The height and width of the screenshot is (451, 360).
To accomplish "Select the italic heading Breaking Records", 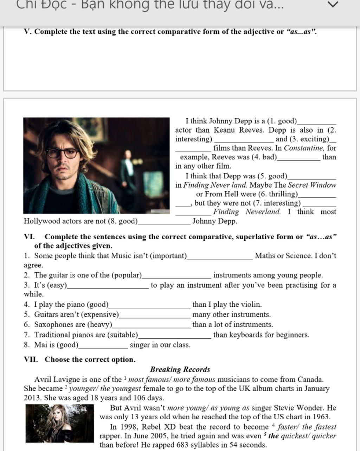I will coord(180,369).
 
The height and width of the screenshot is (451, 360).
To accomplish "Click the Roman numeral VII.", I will coord(31,360).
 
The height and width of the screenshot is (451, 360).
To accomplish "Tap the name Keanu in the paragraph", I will coord(224,130).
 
